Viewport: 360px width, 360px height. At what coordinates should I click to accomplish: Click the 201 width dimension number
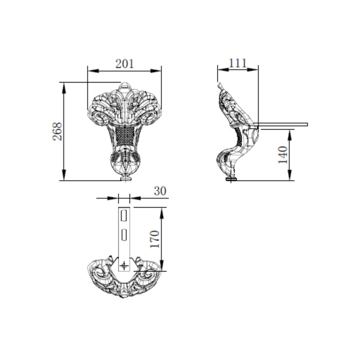point(124,63)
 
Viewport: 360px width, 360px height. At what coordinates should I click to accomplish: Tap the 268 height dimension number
point(57,131)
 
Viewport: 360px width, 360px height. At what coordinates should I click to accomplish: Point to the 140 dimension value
point(282,154)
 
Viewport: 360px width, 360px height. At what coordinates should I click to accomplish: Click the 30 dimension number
point(160,191)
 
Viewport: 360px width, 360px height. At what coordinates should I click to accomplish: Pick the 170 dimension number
point(154,239)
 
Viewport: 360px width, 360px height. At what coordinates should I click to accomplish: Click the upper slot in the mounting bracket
point(124,215)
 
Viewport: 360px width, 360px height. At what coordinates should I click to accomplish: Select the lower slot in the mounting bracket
point(124,234)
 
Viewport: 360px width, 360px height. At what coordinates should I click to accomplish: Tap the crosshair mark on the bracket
point(124,266)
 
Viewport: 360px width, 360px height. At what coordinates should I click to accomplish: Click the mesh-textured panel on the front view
point(124,136)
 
